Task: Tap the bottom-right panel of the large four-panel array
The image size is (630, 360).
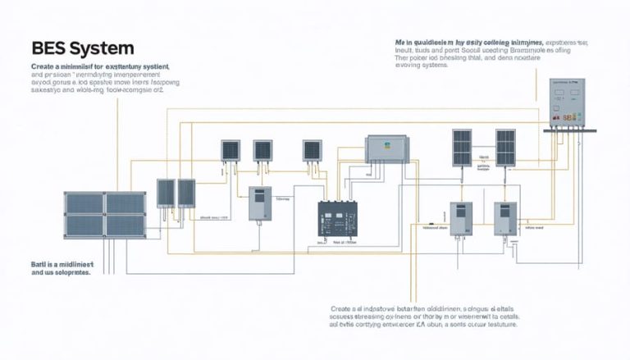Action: point(126,225)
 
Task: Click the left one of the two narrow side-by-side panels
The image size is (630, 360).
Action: point(167,193)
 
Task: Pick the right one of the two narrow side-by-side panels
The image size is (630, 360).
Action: point(186,193)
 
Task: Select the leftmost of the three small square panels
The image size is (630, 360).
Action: point(231,150)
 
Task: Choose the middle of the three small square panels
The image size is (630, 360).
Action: point(262,150)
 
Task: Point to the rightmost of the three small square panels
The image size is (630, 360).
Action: point(313,150)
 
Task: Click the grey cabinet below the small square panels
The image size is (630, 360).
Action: point(260,205)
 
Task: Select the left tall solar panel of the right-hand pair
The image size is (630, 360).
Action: point(463,147)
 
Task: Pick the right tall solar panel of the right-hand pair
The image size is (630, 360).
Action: point(505,147)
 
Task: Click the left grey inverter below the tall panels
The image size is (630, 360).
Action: point(461,219)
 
